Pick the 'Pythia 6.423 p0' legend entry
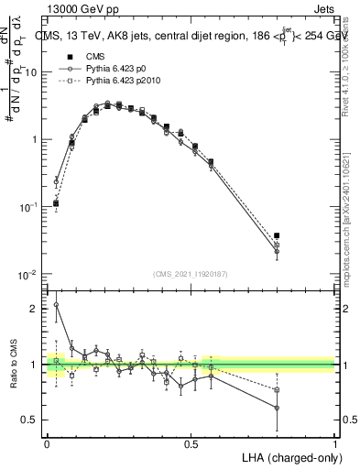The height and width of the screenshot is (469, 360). pos(105,69)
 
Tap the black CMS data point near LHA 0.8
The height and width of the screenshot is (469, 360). pos(277,235)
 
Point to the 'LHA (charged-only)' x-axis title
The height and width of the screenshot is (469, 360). pos(284,457)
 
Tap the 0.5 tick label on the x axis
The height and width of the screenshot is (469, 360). pos(191,442)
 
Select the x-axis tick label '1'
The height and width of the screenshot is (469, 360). pos(334,442)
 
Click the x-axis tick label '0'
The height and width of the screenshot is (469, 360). pos(46,442)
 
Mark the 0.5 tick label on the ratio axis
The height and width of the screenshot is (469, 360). pos(31,420)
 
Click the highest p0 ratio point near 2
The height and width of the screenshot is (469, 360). pos(56,305)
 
